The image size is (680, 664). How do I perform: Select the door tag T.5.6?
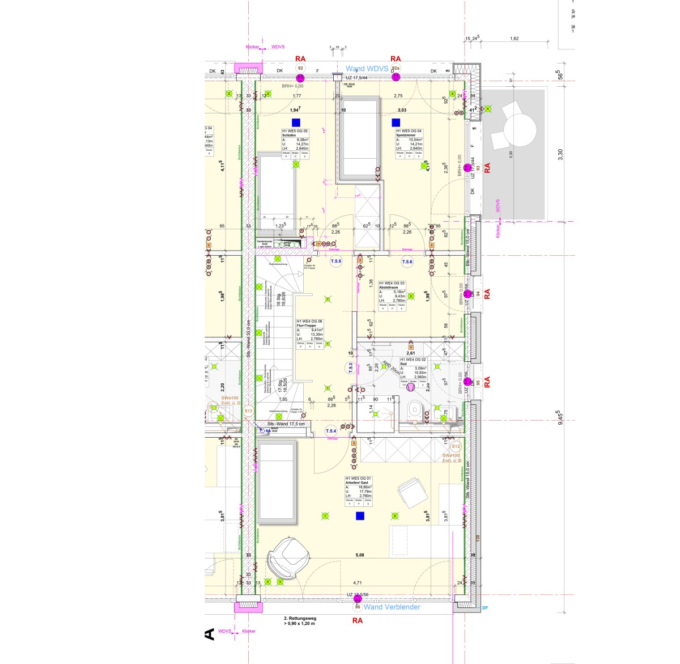(x=407, y=261)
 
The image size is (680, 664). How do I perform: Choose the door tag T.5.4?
(x=331, y=432)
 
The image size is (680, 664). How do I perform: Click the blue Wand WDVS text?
(x=367, y=69)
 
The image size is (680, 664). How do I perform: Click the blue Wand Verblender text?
(x=392, y=607)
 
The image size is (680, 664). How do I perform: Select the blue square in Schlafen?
(x=295, y=122)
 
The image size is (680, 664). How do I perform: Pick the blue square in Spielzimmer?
(x=395, y=121)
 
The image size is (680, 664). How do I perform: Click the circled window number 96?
(x=358, y=607)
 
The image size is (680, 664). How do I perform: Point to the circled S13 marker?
(x=248, y=411)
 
